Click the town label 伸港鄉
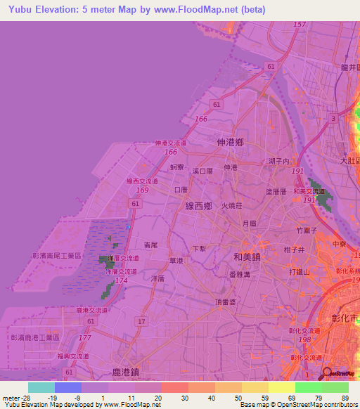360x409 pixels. [x=231, y=142]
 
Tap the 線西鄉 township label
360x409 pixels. [x=199, y=206]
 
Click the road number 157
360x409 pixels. [x=300, y=25]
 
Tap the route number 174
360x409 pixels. [x=121, y=280]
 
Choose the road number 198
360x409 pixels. [x=304, y=339]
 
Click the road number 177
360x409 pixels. [x=85, y=338]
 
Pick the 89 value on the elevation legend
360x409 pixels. [x=345, y=397]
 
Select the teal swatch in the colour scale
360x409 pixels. [x=41, y=387]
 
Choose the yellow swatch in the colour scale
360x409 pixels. [x=282, y=387]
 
